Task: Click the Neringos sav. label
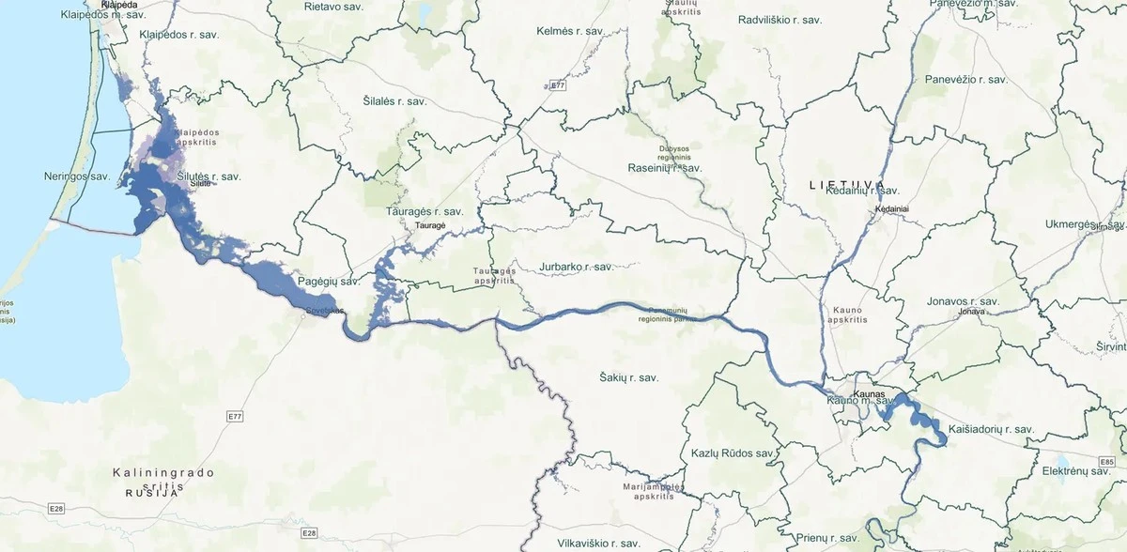(78, 176)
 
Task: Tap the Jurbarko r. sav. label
(576, 267)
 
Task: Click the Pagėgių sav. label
(329, 281)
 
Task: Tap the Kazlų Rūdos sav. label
(732, 452)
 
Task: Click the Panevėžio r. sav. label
(965, 80)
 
